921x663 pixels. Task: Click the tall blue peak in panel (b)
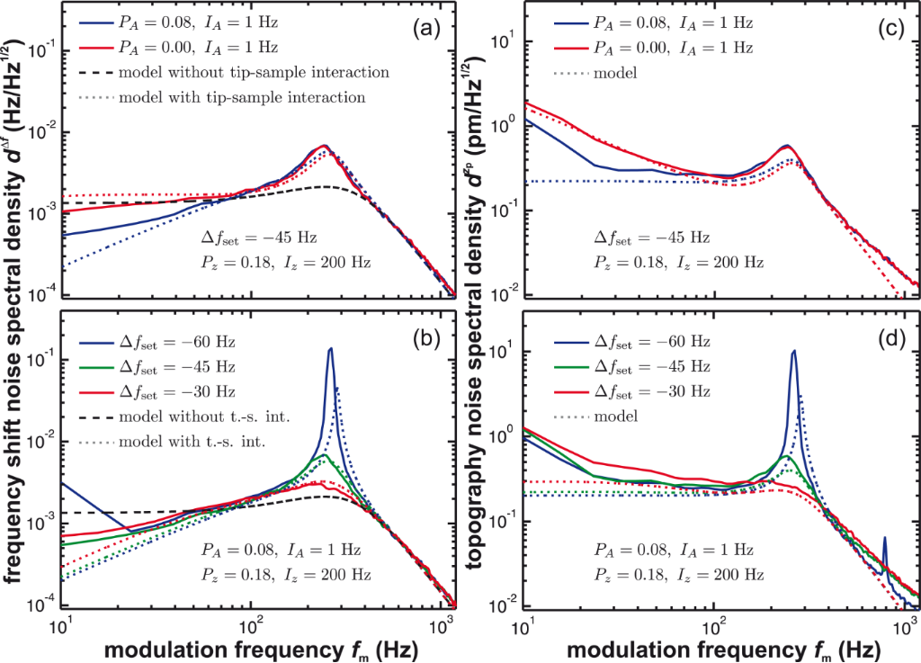pos(330,351)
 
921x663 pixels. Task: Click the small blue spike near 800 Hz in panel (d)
pos(885,540)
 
